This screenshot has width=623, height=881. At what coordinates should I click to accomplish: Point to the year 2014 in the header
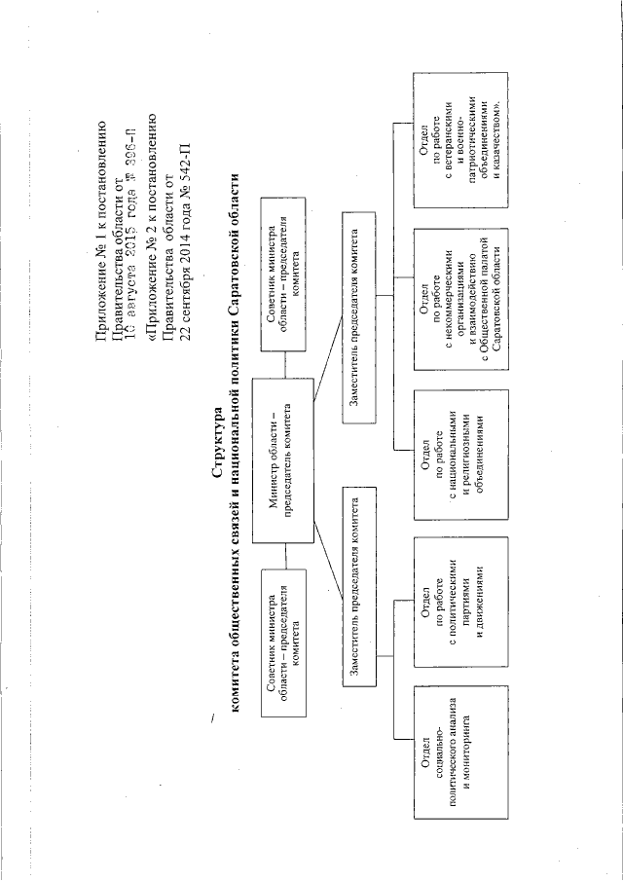[177, 246]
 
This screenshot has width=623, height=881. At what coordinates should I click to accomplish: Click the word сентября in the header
[177, 294]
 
